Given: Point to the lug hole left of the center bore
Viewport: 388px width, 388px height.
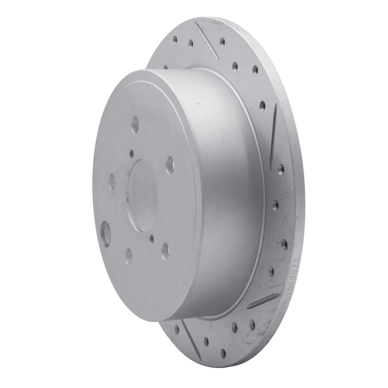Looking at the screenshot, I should [x=112, y=182].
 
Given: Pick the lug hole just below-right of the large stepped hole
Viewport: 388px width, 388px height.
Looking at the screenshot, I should [x=128, y=256].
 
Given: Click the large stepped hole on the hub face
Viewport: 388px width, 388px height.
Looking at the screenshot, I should [x=105, y=233].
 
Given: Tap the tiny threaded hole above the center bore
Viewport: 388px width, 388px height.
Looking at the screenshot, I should [x=131, y=153].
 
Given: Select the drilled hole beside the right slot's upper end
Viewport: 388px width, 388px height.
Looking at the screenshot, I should [x=262, y=106].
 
